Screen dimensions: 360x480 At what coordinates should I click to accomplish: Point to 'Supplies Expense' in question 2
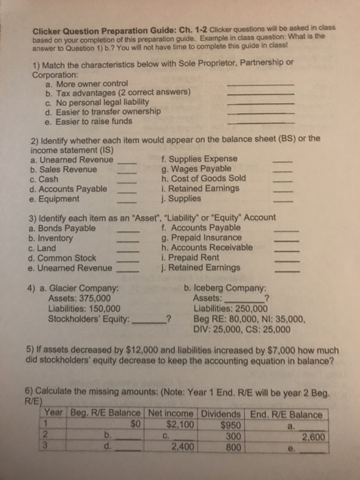click(201, 160)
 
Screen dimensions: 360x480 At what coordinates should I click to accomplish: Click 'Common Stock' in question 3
click(72, 257)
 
